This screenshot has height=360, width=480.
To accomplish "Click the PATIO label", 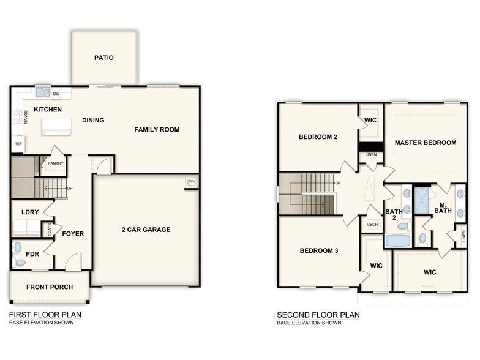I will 104,58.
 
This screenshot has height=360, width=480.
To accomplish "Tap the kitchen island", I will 56,127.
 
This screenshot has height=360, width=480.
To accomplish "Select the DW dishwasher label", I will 56,94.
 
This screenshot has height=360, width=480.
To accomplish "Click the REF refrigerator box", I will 17,144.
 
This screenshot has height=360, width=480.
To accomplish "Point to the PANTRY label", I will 56,163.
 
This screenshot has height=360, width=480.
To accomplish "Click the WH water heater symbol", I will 192,182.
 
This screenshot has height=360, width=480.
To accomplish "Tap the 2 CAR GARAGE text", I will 146,230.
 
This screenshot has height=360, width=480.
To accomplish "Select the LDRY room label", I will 30,212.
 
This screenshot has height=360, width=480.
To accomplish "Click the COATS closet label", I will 50,229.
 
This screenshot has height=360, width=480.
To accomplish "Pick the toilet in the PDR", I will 21,263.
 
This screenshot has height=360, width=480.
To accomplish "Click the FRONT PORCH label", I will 50,287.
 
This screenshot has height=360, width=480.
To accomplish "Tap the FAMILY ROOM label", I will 157,130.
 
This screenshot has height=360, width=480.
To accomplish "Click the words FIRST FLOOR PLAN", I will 45,315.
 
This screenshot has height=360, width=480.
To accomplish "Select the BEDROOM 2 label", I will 318,137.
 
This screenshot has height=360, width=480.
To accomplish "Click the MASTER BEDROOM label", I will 426,143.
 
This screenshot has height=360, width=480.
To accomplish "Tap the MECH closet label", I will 372,225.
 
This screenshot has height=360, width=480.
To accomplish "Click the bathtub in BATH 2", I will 399,240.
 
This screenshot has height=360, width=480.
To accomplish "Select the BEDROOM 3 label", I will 318,251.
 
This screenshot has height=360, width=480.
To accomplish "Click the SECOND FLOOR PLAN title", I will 318,315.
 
